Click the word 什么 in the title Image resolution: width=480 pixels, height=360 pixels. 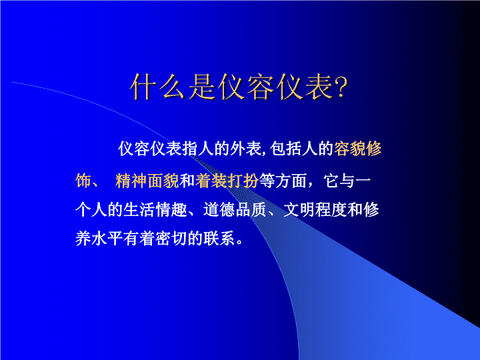point(157,87)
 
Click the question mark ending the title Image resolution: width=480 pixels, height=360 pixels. point(341,87)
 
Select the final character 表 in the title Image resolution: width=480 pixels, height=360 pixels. point(319,87)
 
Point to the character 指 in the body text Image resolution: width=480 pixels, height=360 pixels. point(190,149)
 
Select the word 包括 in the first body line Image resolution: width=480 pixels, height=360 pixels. point(285,149)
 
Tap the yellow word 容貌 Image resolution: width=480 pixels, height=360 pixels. point(349,149)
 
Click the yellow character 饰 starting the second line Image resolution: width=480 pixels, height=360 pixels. point(83,180)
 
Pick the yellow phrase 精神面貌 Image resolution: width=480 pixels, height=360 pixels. point(147,180)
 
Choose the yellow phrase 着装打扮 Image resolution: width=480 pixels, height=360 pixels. point(227,180)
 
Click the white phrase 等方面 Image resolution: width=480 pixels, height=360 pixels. point(283,180)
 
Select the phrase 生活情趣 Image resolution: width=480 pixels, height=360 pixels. point(155,210)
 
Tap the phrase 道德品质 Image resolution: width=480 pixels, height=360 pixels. point(235,210)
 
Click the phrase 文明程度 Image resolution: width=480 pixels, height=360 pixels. point(315,210)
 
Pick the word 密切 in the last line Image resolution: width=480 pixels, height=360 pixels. point(171,239)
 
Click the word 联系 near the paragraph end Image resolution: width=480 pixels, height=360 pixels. point(219,239)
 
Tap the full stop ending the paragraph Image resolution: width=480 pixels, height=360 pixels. point(239,243)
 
